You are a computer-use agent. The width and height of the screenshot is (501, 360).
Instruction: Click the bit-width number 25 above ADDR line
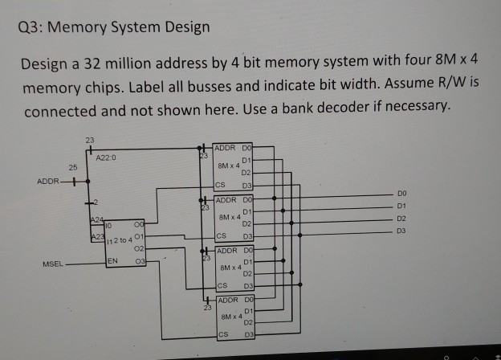click(73, 167)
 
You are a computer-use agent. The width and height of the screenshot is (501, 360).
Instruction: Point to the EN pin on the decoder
click(115, 261)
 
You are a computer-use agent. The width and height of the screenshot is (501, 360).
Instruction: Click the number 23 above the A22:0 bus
click(89, 140)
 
